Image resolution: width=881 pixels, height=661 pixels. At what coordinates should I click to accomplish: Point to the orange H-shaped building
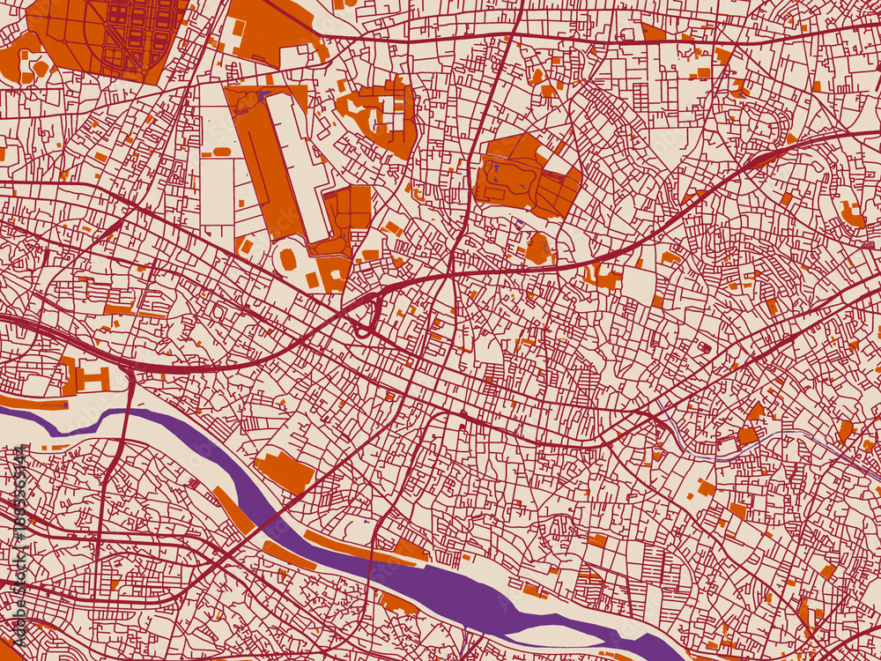86,379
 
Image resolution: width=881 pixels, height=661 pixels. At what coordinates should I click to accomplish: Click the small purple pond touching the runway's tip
263,95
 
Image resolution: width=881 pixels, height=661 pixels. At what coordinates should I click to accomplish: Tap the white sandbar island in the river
546,633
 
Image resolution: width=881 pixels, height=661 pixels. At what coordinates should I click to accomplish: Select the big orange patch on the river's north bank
284,471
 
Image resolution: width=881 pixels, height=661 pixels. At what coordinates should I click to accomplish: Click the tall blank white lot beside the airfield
218,189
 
